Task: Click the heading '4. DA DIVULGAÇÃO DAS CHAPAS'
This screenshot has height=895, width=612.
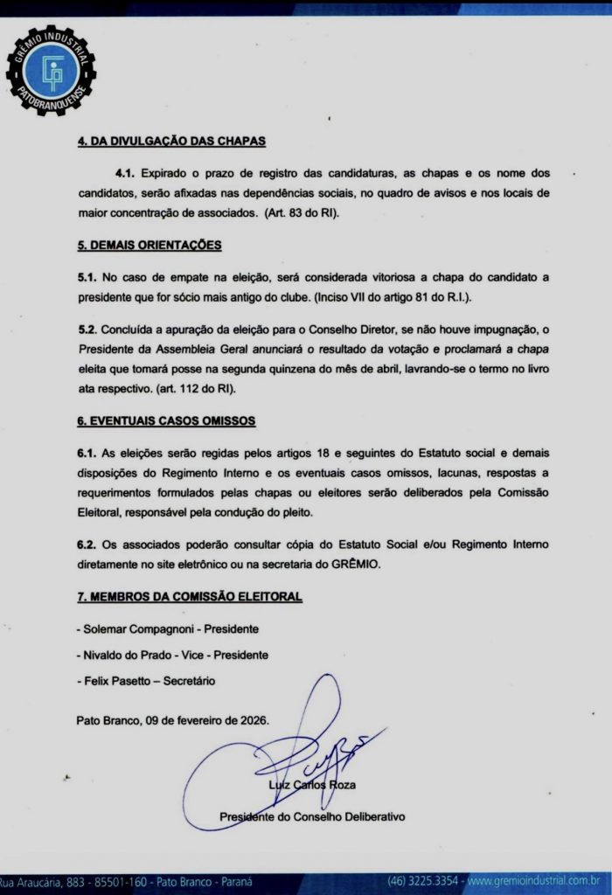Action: pos(171,141)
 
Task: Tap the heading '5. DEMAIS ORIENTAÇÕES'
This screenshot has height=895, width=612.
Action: pos(149,245)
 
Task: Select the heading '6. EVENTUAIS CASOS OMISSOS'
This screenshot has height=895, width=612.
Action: pos(166,420)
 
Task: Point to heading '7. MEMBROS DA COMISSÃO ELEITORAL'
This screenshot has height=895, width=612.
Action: pos(190,596)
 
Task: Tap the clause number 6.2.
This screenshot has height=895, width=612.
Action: pos(87,544)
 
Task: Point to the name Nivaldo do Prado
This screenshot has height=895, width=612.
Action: pos(134,655)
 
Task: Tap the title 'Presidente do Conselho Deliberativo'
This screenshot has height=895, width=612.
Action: pos(312,816)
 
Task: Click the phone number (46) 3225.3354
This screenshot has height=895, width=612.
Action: pos(423,880)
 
